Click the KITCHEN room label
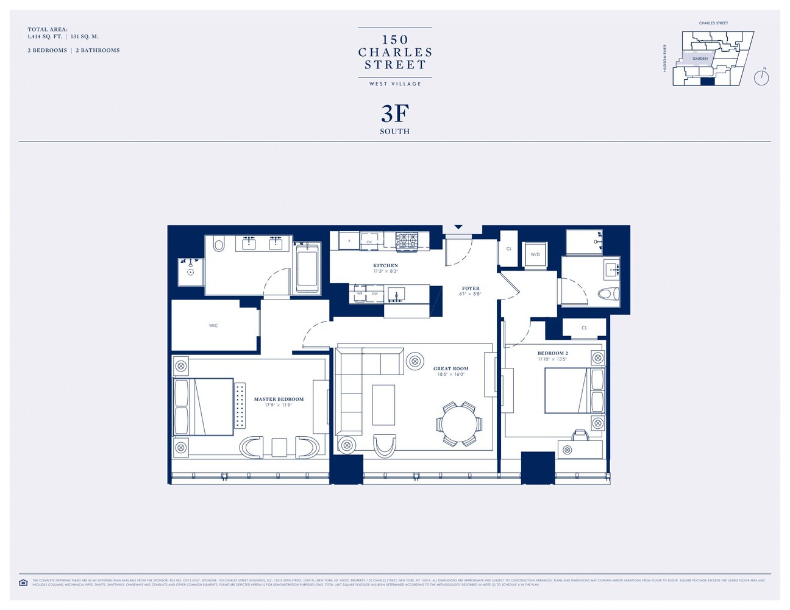pos(385,265)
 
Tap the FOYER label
pos(471,288)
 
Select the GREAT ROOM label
pos(450,368)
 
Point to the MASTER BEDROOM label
pos(279,399)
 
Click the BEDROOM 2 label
pos(552,353)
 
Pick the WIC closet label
pos(213,326)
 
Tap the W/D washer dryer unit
pos(535,254)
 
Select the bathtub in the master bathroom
pos(307,269)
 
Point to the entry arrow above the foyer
pos(458,228)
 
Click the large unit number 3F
pos(395,113)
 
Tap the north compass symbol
pos(761,77)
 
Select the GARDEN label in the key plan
pos(700,59)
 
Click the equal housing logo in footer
pos(23,583)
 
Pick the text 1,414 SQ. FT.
pos(44,37)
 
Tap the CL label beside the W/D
pos(509,249)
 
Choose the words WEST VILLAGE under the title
pos(395,84)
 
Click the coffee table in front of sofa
pos(383,405)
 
